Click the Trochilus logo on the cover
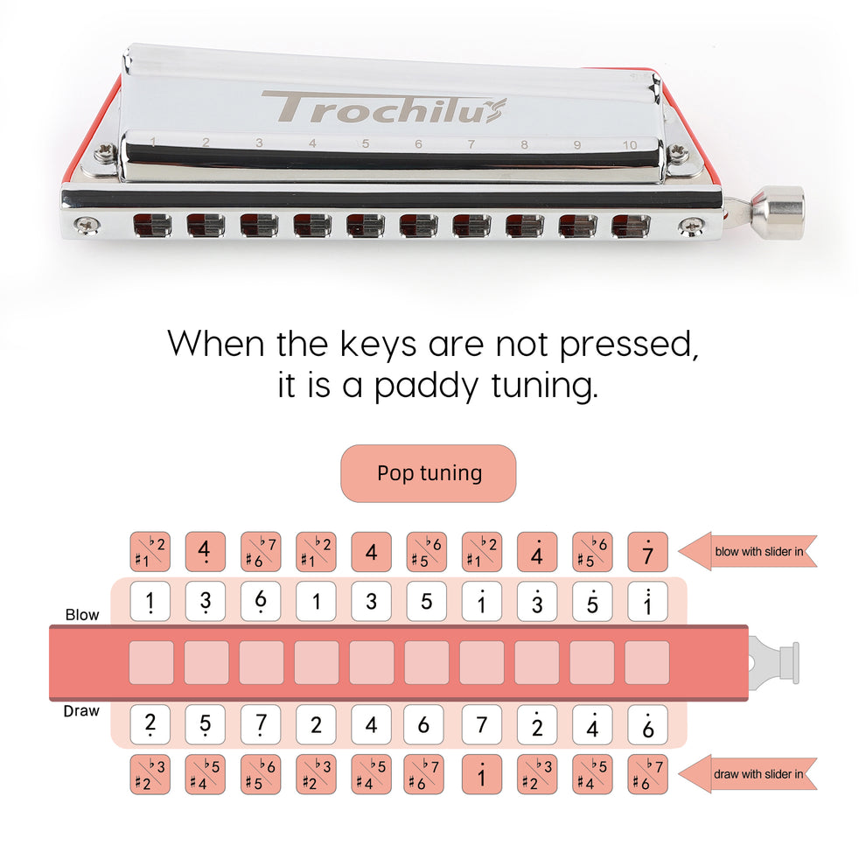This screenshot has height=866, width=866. (x=383, y=108)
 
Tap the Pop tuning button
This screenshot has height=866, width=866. (x=429, y=473)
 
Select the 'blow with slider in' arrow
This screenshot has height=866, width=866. (x=748, y=552)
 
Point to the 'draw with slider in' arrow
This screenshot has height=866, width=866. (x=748, y=774)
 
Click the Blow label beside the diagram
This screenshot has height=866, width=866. (x=82, y=615)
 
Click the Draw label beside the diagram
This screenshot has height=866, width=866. (x=81, y=711)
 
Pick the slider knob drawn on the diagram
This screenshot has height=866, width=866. (x=775, y=662)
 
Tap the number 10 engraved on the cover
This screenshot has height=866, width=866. (x=629, y=145)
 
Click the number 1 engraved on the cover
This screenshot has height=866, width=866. (x=153, y=141)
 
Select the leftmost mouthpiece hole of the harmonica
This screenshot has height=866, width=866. (x=152, y=226)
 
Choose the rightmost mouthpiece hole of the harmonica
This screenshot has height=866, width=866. (x=631, y=226)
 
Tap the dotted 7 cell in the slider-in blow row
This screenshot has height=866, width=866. (x=647, y=552)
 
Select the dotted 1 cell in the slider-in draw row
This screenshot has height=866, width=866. (x=482, y=774)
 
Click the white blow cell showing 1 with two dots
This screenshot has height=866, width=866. (x=647, y=602)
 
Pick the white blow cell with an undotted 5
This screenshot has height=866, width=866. (x=427, y=602)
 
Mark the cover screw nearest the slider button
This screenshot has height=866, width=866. (x=679, y=156)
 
